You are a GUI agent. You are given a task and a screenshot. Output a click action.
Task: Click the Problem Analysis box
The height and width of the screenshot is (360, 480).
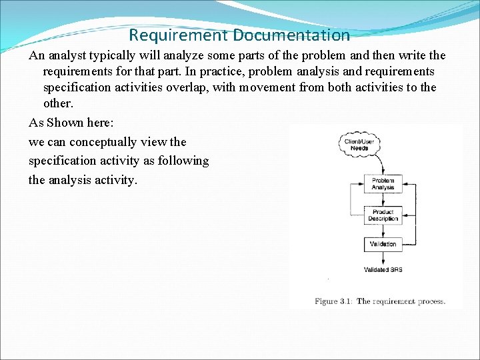(x=383, y=184)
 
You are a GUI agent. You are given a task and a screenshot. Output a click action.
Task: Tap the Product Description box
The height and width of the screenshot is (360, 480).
(x=383, y=215)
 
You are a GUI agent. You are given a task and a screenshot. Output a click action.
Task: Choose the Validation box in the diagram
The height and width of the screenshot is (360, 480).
(x=383, y=244)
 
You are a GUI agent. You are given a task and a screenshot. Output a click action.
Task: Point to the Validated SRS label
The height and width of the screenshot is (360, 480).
(x=383, y=270)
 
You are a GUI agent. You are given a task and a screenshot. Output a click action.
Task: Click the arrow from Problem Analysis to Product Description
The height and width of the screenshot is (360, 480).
(x=383, y=199)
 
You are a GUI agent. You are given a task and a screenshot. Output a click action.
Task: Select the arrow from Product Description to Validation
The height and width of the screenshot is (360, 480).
(x=383, y=230)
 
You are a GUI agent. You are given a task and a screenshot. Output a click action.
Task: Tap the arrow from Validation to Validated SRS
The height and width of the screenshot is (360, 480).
(x=383, y=258)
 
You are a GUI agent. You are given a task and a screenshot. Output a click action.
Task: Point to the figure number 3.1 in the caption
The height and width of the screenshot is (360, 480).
(x=345, y=301)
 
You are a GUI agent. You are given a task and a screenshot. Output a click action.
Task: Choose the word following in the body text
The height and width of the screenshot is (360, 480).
(x=183, y=161)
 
